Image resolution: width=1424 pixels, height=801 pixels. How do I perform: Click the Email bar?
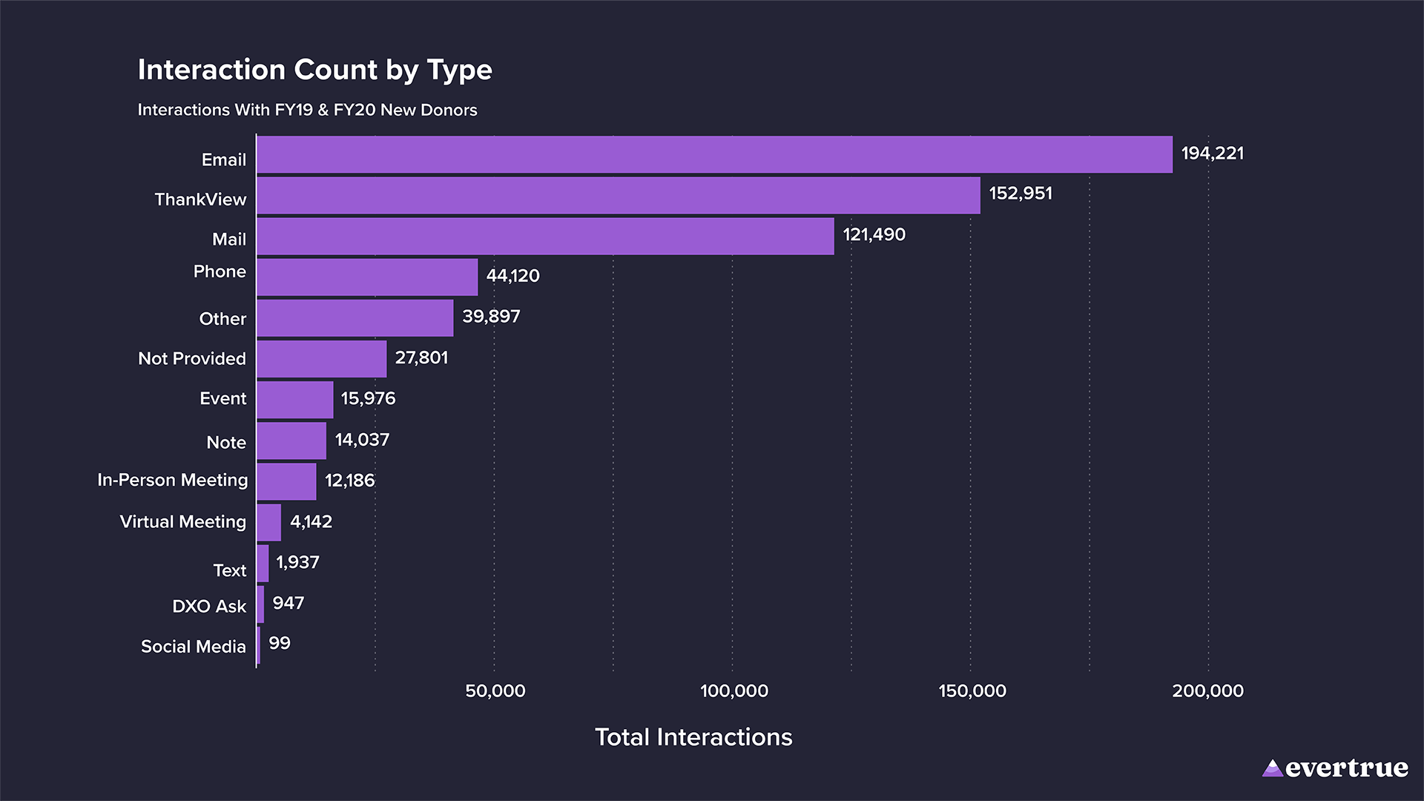click(714, 154)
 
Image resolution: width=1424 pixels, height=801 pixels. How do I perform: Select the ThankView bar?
click(618, 195)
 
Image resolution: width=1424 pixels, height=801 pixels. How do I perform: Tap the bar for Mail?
click(545, 236)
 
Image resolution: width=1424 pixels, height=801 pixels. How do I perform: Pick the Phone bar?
click(367, 277)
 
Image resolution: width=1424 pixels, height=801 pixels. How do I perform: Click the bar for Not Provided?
click(321, 359)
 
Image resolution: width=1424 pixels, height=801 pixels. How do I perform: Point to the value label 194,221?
click(1212, 154)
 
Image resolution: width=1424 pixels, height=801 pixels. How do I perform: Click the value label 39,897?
click(491, 317)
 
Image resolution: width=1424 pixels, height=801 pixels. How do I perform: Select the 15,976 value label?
click(368, 398)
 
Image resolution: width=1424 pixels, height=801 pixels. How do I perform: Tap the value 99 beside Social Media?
click(280, 643)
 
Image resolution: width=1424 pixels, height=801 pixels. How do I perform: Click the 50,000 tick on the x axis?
click(495, 690)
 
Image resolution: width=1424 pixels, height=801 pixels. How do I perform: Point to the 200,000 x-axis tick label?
click(1207, 690)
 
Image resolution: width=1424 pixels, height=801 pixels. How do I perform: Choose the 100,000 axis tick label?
click(734, 690)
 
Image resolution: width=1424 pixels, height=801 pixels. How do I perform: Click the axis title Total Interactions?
click(693, 737)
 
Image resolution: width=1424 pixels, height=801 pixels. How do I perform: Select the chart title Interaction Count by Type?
click(314, 70)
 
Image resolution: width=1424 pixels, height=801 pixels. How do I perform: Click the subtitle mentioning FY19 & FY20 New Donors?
click(307, 110)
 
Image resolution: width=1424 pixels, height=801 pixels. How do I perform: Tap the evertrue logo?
click(1334, 768)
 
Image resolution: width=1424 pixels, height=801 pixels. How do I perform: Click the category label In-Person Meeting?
click(172, 480)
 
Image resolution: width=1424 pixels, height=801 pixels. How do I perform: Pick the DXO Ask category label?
click(208, 606)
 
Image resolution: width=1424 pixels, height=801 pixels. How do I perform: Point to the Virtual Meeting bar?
click(269, 522)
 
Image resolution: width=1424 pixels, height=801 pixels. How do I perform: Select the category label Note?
click(226, 442)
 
